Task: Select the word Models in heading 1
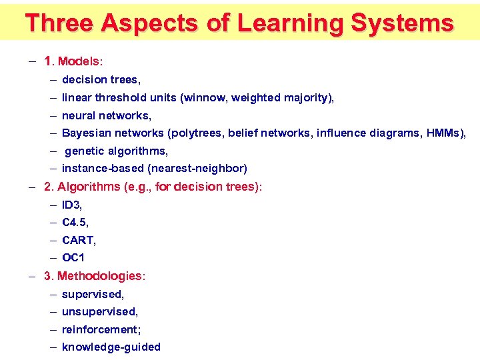tap(79, 61)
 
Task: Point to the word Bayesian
tap(87, 133)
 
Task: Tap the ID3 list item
tap(71, 205)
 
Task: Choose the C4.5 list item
tap(75, 223)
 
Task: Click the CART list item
tap(78, 240)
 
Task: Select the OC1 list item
tap(73, 258)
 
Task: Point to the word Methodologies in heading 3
tap(100, 276)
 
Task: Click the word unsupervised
tap(99, 311)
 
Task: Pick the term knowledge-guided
tap(111, 347)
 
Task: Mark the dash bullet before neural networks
tap(52, 116)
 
